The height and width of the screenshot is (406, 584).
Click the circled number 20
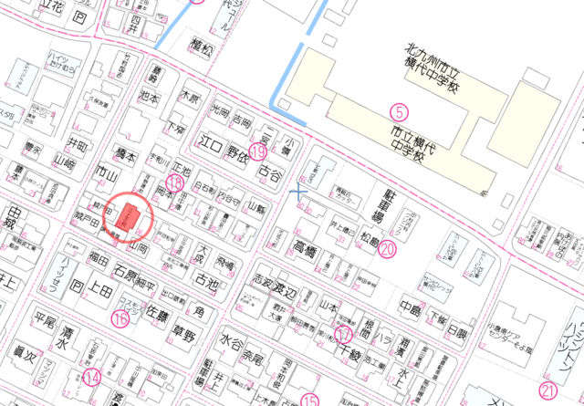coord(389,247)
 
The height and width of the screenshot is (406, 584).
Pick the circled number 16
coord(121,318)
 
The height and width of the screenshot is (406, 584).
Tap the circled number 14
coord(91,376)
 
